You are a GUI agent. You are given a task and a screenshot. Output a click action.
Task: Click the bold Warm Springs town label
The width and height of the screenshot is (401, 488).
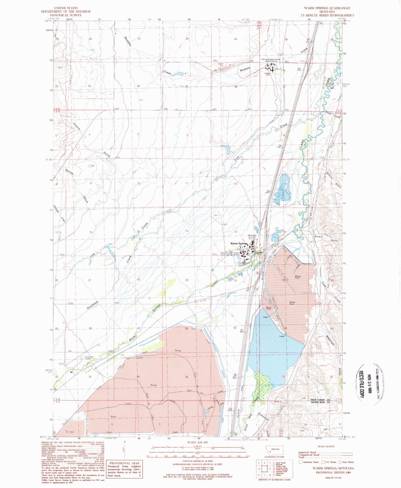(x=238, y=244)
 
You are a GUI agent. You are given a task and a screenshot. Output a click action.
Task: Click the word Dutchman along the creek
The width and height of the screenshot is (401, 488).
(x=93, y=305)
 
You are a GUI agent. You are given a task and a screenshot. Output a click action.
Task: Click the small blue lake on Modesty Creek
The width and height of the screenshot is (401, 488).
(x=177, y=74)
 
